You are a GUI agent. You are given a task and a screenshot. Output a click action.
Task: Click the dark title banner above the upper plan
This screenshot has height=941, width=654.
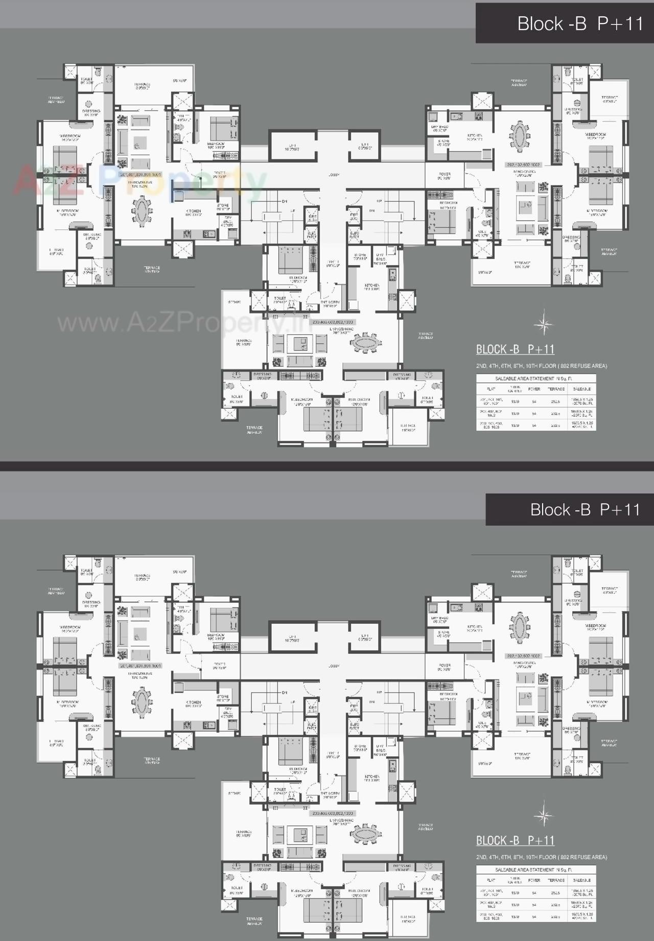[x=565, y=23]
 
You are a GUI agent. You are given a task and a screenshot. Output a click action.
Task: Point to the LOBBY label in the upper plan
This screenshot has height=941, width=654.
[x=334, y=175]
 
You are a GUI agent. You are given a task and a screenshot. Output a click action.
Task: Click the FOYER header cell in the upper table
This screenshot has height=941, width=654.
[x=534, y=389]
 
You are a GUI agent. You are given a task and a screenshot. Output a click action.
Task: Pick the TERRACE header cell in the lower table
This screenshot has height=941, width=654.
[x=556, y=880]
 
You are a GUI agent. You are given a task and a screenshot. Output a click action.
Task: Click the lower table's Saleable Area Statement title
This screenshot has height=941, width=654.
[x=533, y=869]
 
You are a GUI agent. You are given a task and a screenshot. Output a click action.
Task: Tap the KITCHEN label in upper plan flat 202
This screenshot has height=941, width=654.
[x=475, y=137]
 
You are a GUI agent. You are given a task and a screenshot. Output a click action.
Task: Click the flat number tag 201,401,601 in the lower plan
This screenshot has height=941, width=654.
[x=140, y=666]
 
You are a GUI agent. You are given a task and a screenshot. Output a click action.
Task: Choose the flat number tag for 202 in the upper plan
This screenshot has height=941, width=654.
[x=523, y=164]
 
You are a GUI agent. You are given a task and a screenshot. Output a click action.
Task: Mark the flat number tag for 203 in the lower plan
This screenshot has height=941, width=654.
[x=333, y=813]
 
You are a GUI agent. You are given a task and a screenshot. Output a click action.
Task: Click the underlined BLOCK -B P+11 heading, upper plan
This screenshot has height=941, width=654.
[x=515, y=349]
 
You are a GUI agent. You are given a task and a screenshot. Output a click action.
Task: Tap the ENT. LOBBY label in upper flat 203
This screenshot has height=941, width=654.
[x=330, y=303]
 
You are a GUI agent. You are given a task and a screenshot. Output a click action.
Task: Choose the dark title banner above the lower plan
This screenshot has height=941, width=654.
[x=570, y=509]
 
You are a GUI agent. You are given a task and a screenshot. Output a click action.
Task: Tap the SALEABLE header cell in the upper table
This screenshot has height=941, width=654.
[x=582, y=389]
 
